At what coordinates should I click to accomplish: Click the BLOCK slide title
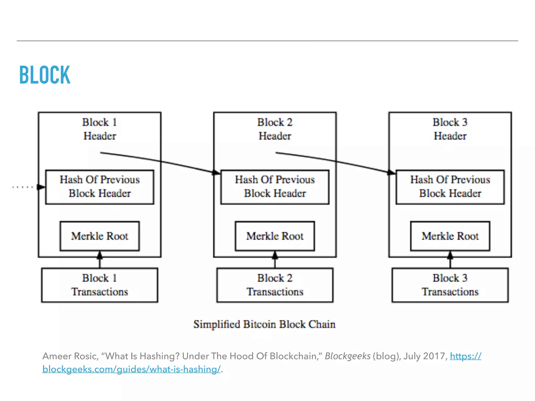pos(45,75)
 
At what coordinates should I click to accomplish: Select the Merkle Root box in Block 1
pos(100,236)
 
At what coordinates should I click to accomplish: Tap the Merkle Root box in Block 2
pos(275,236)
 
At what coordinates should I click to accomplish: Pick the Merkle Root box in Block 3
pos(450,236)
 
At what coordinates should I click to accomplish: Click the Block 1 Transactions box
pos(100,285)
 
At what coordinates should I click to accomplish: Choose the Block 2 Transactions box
pos(275,285)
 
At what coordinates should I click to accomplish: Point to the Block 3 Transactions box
pos(450,285)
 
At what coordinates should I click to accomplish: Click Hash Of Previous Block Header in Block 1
pos(100,187)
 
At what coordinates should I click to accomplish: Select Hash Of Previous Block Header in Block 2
pos(275,187)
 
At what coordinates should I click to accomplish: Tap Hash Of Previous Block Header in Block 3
pos(450,187)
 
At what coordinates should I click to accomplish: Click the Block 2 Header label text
pos(275,129)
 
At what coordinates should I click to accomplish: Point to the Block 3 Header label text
pos(450,129)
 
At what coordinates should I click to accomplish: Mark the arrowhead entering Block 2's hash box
pos(217,172)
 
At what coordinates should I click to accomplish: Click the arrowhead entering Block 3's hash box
pos(392,172)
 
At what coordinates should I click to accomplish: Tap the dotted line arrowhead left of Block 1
pos(41,187)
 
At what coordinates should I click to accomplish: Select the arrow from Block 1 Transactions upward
pos(100,260)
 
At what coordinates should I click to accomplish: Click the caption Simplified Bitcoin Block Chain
pos(264,324)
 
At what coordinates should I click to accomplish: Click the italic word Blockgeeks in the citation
pos(347,356)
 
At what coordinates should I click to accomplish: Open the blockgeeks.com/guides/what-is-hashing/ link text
pos(131,369)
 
